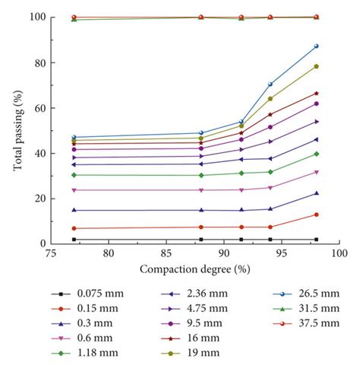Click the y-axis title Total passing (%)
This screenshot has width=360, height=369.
click(16, 130)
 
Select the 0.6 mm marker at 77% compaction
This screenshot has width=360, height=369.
click(74, 190)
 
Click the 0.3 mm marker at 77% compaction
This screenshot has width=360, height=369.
click(74, 210)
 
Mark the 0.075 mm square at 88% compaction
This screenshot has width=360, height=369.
click(201, 240)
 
